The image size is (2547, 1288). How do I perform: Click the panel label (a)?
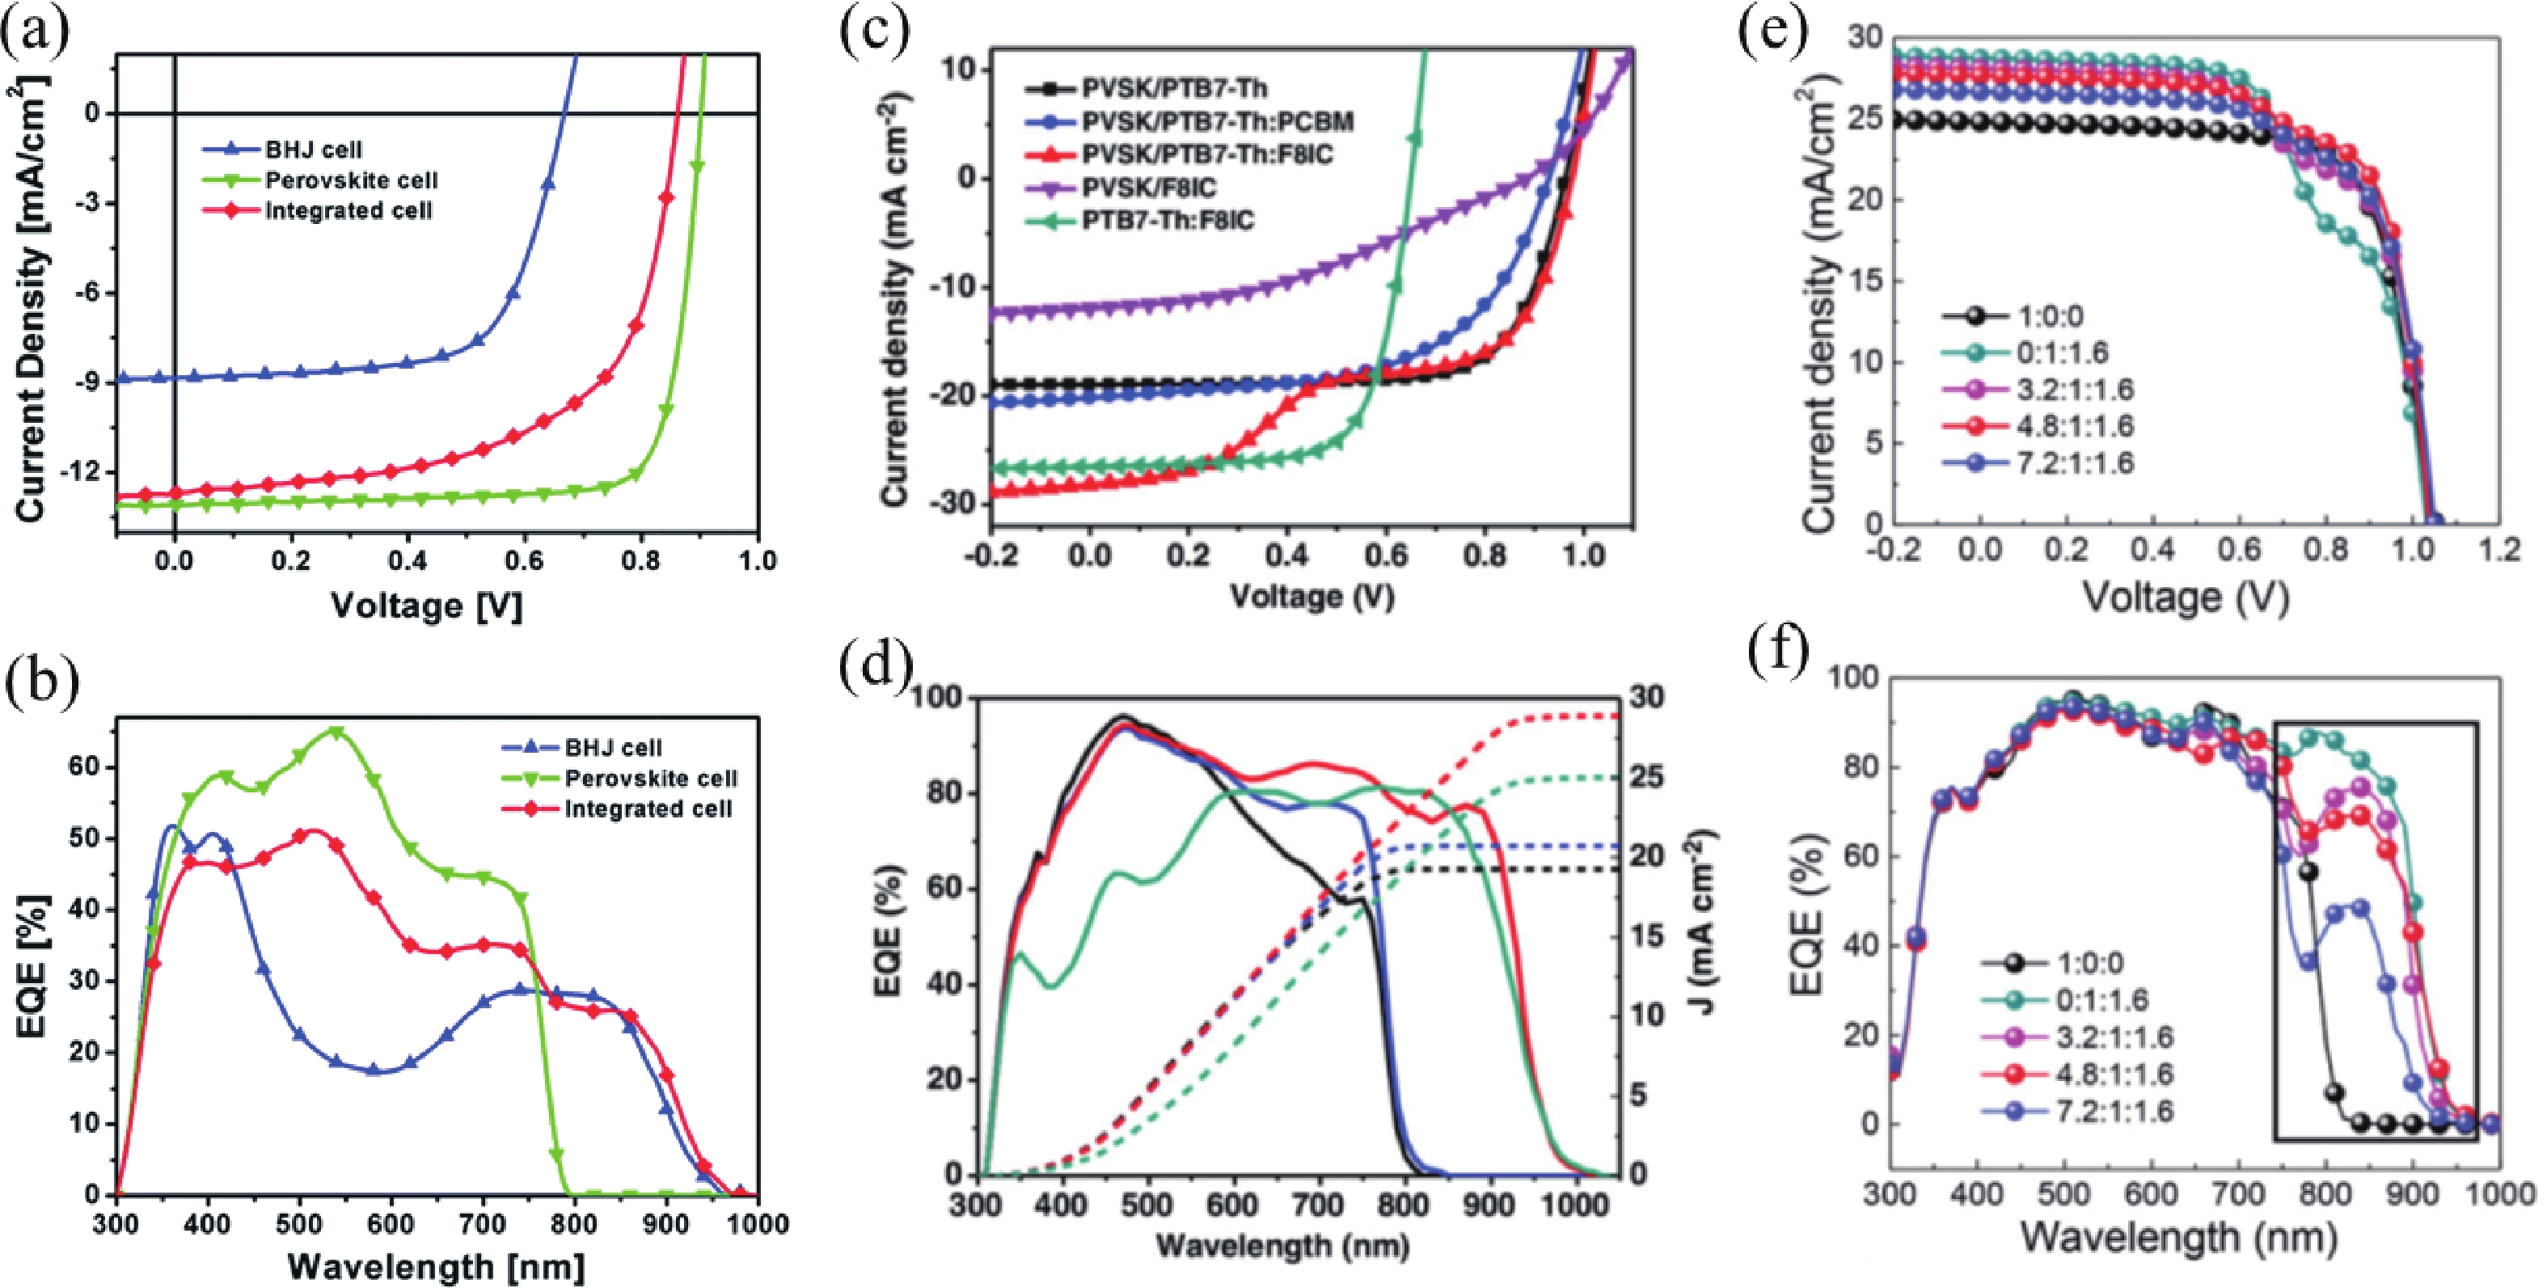36,30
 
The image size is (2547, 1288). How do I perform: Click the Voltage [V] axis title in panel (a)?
426,605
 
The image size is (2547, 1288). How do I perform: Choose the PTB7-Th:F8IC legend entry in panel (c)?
1167,221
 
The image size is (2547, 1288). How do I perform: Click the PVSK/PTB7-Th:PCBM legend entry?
1216,121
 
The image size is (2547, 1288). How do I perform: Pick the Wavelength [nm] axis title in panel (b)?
436,1266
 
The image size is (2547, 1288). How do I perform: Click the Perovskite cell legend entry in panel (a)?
350,181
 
